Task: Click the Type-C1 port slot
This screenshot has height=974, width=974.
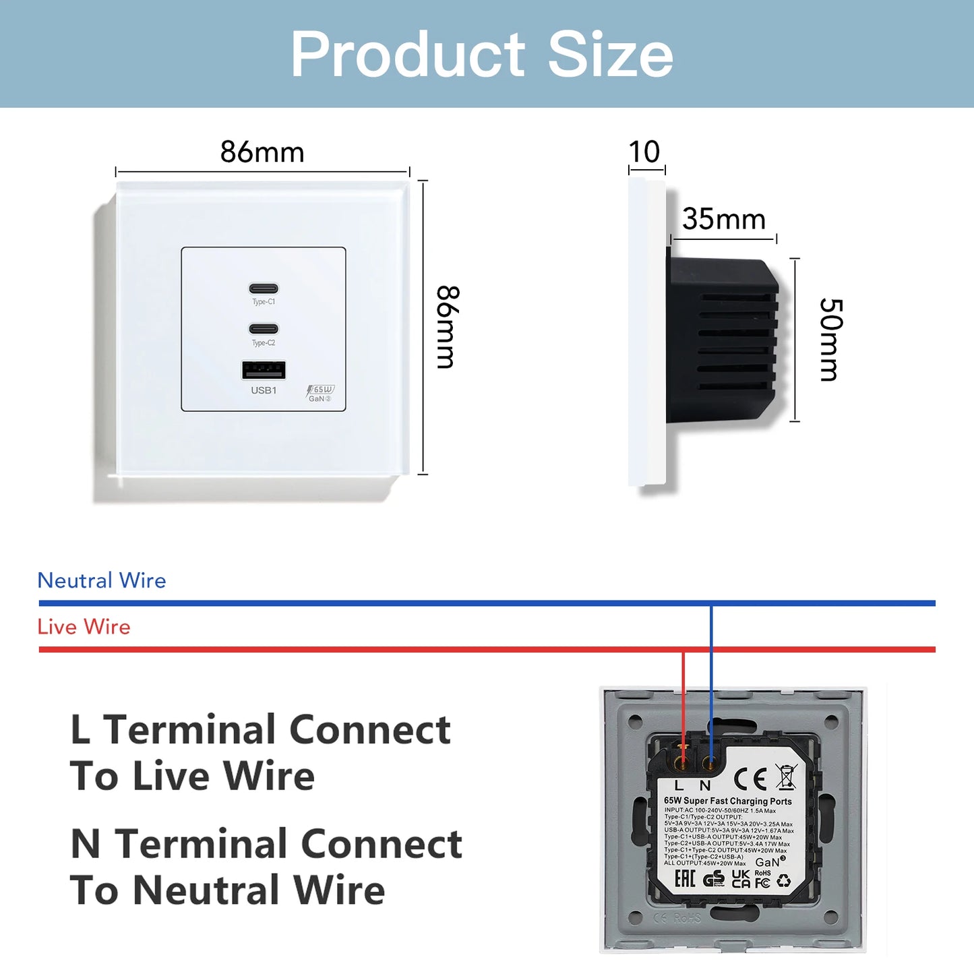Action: coord(264,288)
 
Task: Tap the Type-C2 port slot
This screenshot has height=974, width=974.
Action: coord(264,329)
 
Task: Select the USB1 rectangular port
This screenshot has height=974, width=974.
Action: coord(264,370)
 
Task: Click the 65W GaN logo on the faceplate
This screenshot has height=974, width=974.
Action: coord(320,394)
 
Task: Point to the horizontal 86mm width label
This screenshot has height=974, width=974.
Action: coord(262,152)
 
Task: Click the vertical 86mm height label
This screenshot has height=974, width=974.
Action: coord(447,327)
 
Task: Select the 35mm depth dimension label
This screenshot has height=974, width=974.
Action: coord(724,219)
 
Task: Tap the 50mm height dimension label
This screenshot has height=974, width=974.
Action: coord(830,340)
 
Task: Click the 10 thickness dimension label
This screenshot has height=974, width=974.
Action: coord(644,152)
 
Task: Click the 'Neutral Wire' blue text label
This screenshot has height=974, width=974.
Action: coord(102,580)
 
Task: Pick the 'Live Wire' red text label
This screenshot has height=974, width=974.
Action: coord(84,627)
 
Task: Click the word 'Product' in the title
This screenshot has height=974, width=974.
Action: coord(407,55)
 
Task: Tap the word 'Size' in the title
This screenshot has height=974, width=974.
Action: coord(610,55)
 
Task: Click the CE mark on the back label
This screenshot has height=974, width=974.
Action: coord(750,779)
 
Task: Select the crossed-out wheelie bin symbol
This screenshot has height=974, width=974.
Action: coord(786,777)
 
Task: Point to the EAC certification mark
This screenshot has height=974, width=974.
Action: coord(685,879)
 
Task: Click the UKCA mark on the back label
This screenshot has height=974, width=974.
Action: coord(741,879)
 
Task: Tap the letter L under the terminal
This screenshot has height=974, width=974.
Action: coord(679,786)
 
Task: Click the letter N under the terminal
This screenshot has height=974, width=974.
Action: coord(705,786)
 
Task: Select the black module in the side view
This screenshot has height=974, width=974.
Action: coord(721,340)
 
